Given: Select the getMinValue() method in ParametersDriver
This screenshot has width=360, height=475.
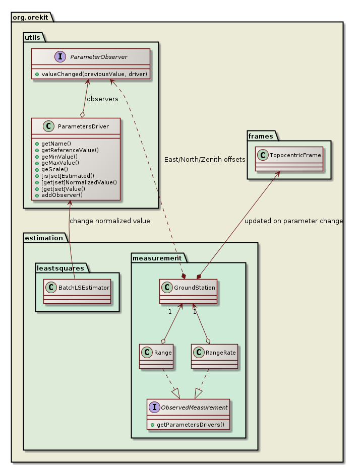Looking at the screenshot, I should click(x=60, y=156).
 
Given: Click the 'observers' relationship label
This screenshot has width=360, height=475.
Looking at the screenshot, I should click(x=102, y=99).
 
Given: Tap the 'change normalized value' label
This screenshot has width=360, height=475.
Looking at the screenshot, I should click(x=109, y=221).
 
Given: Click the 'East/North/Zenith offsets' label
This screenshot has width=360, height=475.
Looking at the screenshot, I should click(x=205, y=159).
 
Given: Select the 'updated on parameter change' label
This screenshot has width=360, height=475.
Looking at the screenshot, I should click(x=293, y=221).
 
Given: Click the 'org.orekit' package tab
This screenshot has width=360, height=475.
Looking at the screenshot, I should click(x=31, y=17).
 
